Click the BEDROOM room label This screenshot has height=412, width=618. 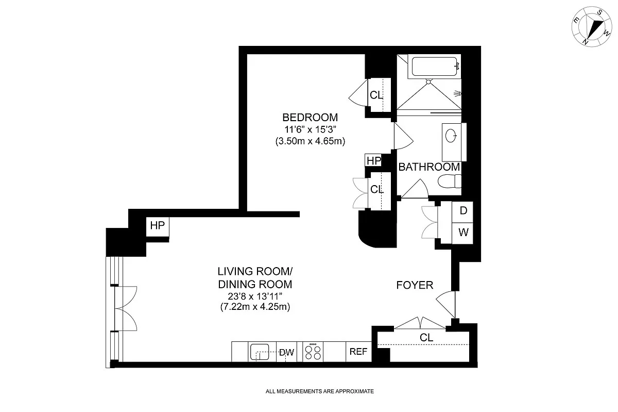pyautogui.click(x=310, y=118)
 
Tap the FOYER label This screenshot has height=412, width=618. pyautogui.click(x=415, y=285)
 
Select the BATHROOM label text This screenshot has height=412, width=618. pyautogui.click(x=429, y=167)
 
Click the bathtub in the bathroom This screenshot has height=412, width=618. pyautogui.click(x=435, y=67)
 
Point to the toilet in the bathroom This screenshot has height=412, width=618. pyautogui.click(x=450, y=181)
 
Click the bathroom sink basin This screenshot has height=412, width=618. pyautogui.click(x=451, y=136)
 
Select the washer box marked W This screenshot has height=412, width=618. pyautogui.click(x=462, y=233)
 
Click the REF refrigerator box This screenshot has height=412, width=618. pyautogui.click(x=358, y=352)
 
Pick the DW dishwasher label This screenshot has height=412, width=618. pyautogui.click(x=287, y=352)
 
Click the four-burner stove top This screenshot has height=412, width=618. pyautogui.click(x=313, y=352)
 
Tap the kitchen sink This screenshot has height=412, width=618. pyautogui.click(x=260, y=352)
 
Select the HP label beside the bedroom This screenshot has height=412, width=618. pyautogui.click(x=373, y=160)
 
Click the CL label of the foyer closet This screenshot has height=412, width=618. pyautogui.click(x=426, y=337)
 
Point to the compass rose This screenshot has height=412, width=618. pyautogui.click(x=591, y=26)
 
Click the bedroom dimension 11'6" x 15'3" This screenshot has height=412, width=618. pyautogui.click(x=310, y=129)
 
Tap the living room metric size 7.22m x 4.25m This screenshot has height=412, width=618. pyautogui.click(x=255, y=307)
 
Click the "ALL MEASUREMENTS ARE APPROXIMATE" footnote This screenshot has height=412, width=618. pyautogui.click(x=319, y=391)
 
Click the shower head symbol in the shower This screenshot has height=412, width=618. pyautogui.click(x=457, y=94)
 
